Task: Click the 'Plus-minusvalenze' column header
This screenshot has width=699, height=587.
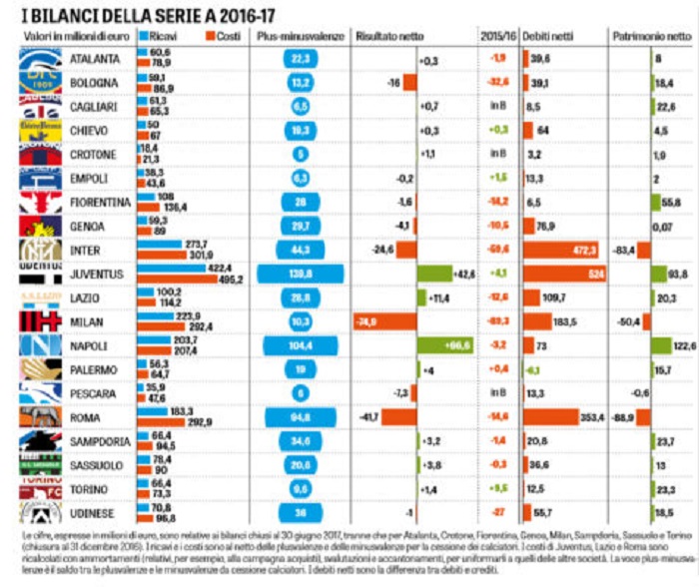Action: pyautogui.click(x=299, y=35)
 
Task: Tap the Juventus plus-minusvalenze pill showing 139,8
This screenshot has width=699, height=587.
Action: pyautogui.click(x=301, y=274)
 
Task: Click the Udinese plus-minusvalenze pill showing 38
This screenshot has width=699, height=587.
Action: pyautogui.click(x=301, y=512)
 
